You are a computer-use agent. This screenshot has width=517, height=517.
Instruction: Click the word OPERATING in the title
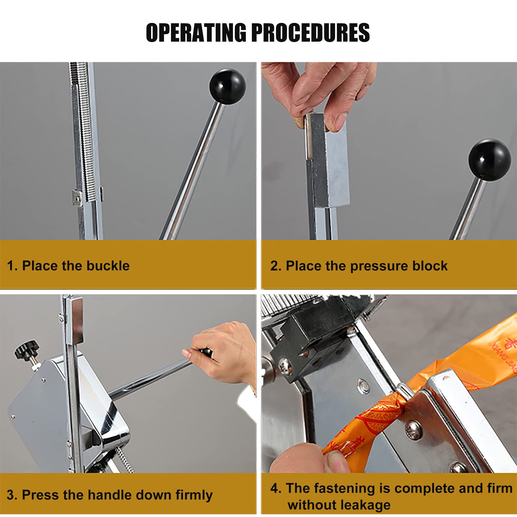pyautogui.click(x=196, y=32)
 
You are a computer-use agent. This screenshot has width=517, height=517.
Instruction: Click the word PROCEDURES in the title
pyautogui.click(x=311, y=32)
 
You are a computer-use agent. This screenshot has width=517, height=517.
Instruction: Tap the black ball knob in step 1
pyautogui.click(x=227, y=86)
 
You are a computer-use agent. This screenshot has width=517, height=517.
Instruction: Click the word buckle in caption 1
pyautogui.click(x=108, y=266)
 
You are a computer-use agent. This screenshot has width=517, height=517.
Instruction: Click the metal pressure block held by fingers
pyautogui.click(x=327, y=160)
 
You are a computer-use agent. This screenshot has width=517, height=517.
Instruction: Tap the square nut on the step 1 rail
pyautogui.click(x=77, y=197)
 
